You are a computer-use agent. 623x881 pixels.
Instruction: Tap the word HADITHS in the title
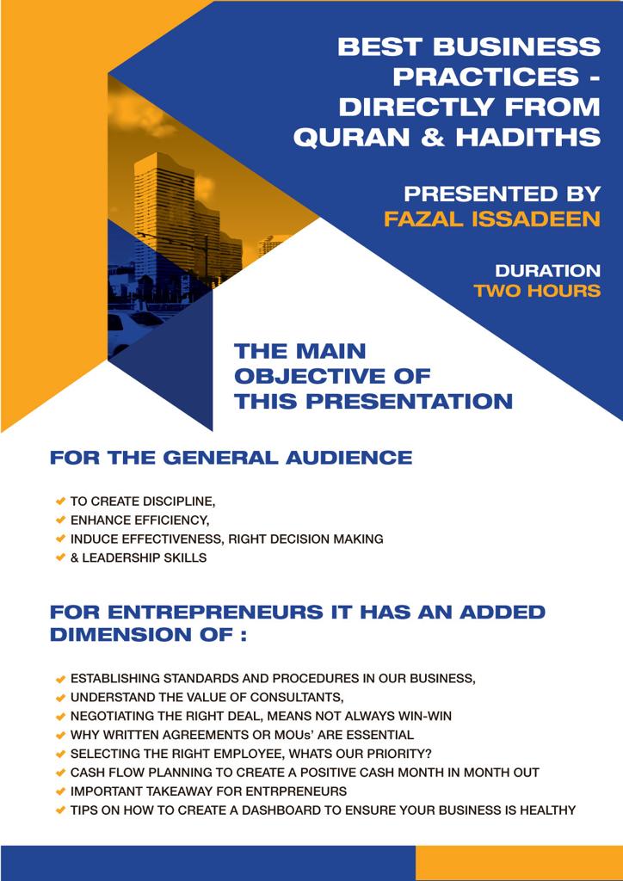point(526,137)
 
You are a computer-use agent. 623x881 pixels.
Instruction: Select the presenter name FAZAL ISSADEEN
point(491,219)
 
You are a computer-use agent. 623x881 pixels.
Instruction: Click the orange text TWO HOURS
point(536,290)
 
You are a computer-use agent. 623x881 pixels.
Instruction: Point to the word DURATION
point(547,270)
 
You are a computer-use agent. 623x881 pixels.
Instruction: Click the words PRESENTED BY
point(502,194)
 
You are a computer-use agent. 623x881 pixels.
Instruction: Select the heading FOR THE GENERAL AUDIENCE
point(231,458)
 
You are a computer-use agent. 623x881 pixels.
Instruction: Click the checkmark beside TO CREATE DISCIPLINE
point(60,500)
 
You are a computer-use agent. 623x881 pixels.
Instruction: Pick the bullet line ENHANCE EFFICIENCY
point(139,520)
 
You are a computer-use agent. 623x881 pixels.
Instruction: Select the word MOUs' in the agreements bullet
point(315,735)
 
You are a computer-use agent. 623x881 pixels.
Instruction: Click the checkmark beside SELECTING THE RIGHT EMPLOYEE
point(60,754)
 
